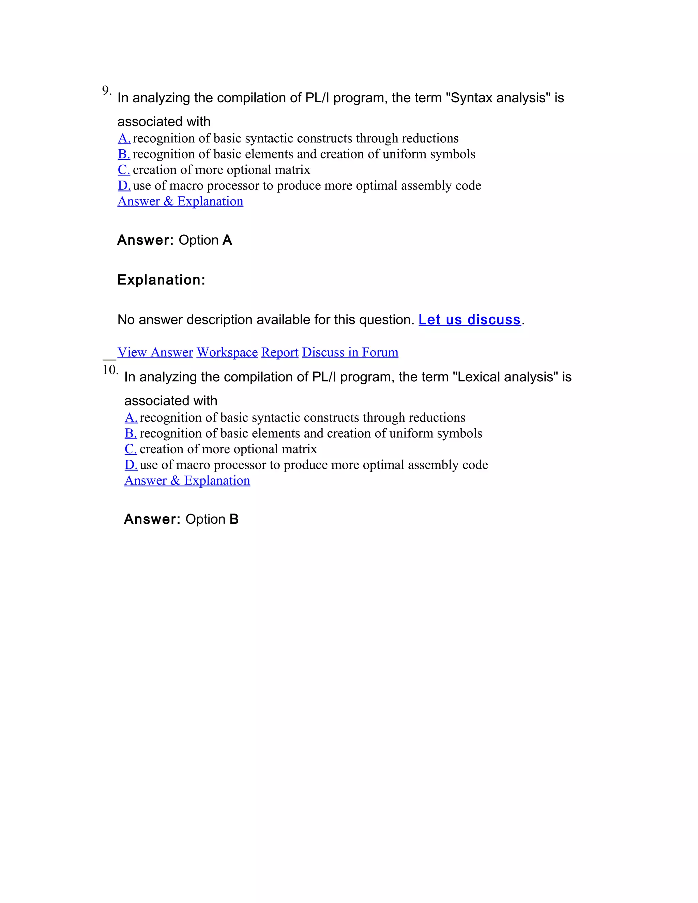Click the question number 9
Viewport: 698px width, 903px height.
pos(106,90)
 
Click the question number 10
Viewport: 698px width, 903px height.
pos(110,370)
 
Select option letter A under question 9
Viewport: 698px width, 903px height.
pos(124,138)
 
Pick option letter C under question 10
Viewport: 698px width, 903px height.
pos(131,449)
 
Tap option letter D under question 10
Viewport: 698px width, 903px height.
pos(131,465)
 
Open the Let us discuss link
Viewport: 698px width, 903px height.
pos(469,320)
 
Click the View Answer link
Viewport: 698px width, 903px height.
pos(155,352)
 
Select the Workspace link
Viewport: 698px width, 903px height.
pos(227,352)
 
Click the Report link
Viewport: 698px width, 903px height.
pos(279,352)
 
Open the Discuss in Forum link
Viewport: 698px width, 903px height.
pos(350,352)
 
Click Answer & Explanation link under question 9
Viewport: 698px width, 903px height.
pos(180,201)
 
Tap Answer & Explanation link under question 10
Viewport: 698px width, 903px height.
pos(187,480)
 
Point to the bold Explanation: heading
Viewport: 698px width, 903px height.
pos(161,280)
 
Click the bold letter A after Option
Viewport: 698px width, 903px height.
pos(227,240)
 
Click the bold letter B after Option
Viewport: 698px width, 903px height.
pos(234,519)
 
